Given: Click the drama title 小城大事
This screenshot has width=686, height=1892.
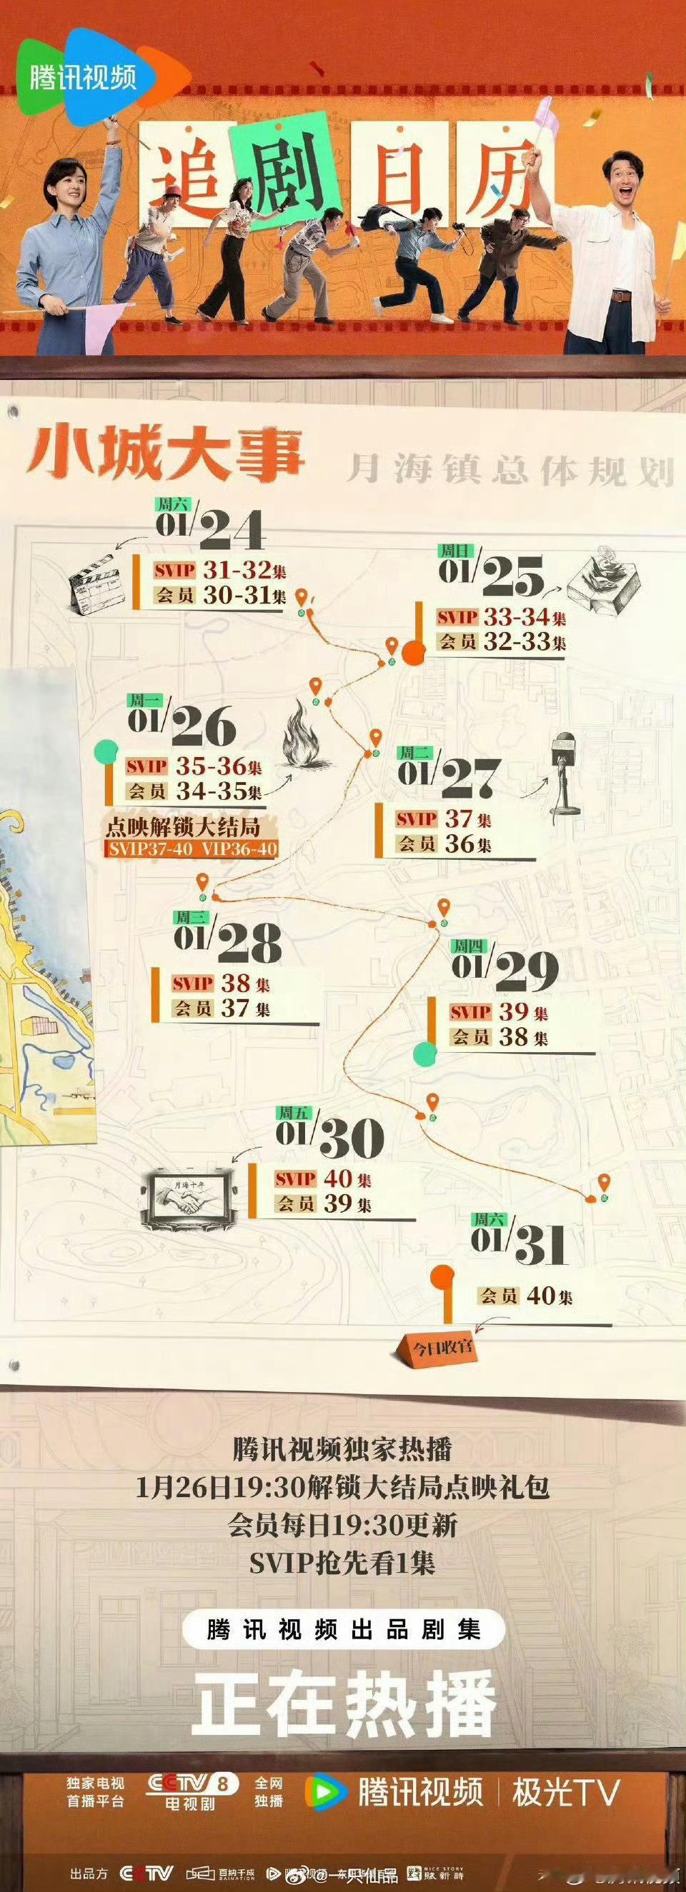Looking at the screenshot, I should tap(165, 452).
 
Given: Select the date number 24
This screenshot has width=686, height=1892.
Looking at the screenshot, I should tap(231, 530).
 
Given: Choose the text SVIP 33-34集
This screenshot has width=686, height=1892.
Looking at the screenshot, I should tap(501, 617).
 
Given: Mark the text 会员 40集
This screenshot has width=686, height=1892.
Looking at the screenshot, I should tap(526, 1295).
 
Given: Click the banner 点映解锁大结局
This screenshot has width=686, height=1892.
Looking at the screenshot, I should tap(183, 828).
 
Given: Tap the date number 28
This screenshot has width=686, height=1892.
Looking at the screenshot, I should tap(249, 942).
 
